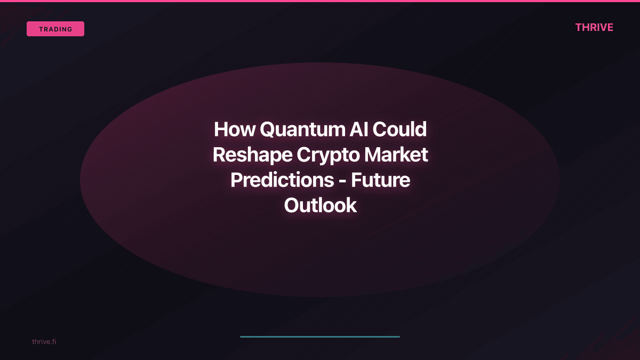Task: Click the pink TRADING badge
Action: pos(55,29)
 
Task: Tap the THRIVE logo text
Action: pos(594,28)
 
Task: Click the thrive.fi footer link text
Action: pos(44,341)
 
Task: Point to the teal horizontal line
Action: pos(320,337)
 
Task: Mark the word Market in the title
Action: pos(398,155)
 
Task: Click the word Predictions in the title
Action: pos(282,180)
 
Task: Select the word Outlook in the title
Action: pos(320,205)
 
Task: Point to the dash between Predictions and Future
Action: pos(342,181)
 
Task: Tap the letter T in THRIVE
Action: pos(579,28)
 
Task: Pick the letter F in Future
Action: pos(356,180)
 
